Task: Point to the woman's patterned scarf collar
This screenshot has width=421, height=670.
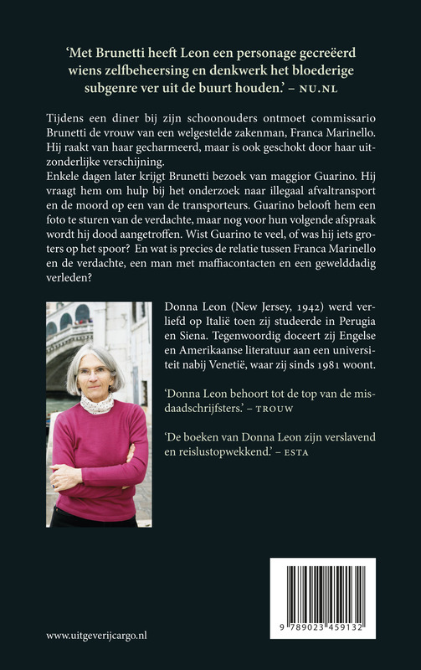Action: pyautogui.click(x=97, y=405)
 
